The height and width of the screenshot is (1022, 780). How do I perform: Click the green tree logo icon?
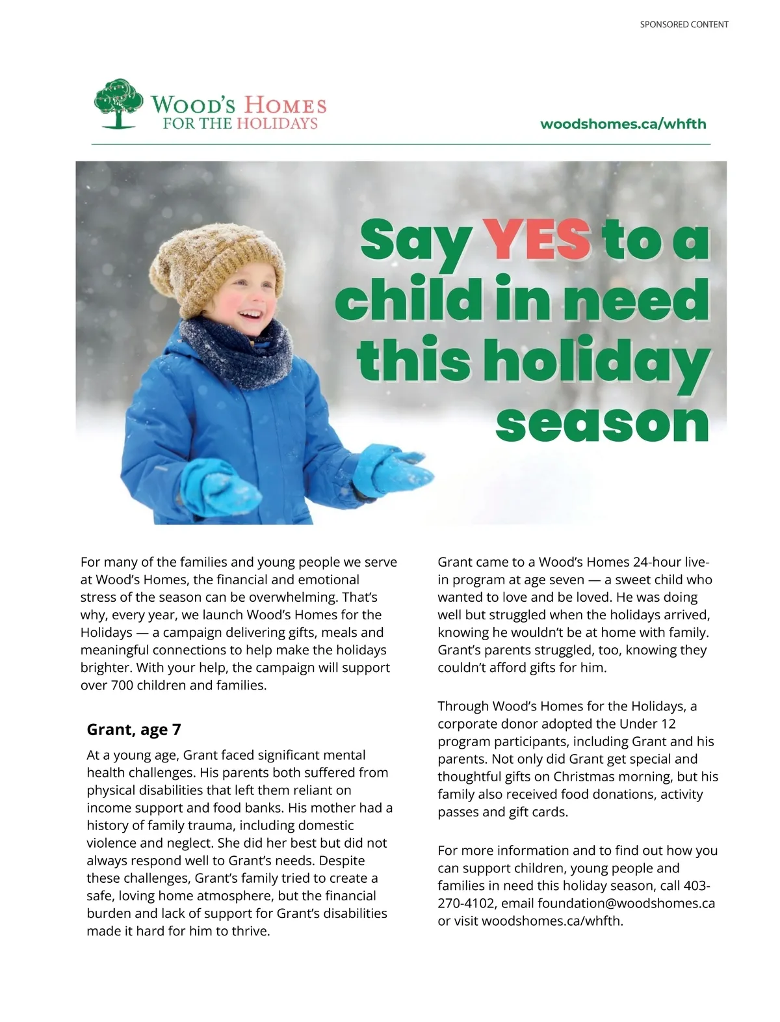point(118,103)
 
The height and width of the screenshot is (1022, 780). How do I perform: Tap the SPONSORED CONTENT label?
point(684,25)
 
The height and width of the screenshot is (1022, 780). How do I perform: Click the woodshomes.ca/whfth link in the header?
point(623,124)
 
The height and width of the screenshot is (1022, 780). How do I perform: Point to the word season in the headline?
point(602,424)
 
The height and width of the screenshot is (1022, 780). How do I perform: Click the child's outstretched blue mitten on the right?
point(390,469)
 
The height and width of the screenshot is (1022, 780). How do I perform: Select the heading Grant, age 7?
point(134,729)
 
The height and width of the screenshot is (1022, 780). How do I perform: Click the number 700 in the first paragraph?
point(123,685)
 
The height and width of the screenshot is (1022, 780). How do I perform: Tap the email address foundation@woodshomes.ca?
point(626,903)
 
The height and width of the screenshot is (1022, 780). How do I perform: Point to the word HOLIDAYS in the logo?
point(277,124)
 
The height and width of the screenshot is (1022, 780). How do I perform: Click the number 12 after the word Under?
point(668,723)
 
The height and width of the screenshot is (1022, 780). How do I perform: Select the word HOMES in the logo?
point(285,105)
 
